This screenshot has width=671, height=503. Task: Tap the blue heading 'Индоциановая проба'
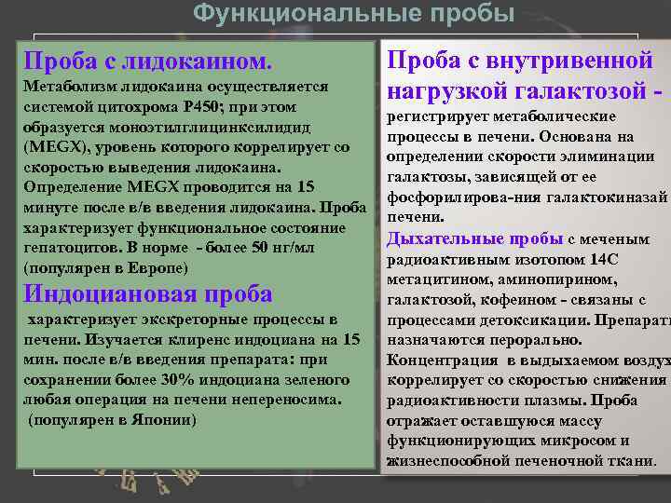tap(148, 293)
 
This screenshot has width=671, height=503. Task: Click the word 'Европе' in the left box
tap(157, 268)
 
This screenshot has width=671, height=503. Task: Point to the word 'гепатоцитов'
tap(65, 248)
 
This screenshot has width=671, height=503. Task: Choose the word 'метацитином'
tap(434, 279)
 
